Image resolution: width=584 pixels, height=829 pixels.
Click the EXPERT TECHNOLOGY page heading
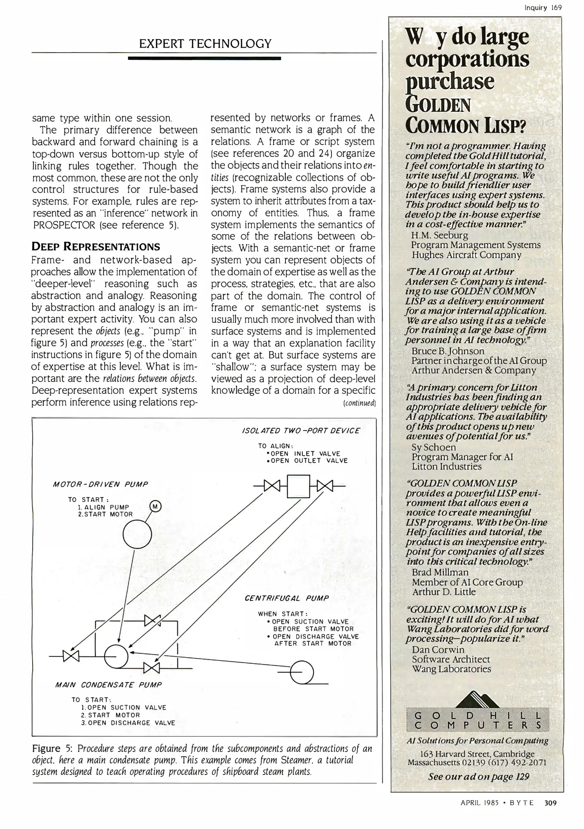coord(205,43)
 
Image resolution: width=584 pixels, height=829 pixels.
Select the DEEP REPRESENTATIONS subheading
coord(96,246)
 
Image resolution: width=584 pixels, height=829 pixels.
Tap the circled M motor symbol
coord(155,506)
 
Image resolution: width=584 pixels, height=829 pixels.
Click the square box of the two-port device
coord(298,486)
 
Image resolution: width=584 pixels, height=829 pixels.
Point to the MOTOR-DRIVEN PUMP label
coord(100,484)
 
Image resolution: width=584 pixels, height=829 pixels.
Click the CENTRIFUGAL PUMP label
coord(287,598)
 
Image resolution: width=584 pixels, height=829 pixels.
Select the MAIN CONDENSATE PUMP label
coord(109,685)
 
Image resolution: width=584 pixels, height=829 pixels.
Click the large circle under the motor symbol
coord(137,534)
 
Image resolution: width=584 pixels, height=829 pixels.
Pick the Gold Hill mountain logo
coord(477,699)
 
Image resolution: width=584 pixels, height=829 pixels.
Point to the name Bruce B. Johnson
coord(448,351)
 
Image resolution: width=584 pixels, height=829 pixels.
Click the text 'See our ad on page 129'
coord(478,776)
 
